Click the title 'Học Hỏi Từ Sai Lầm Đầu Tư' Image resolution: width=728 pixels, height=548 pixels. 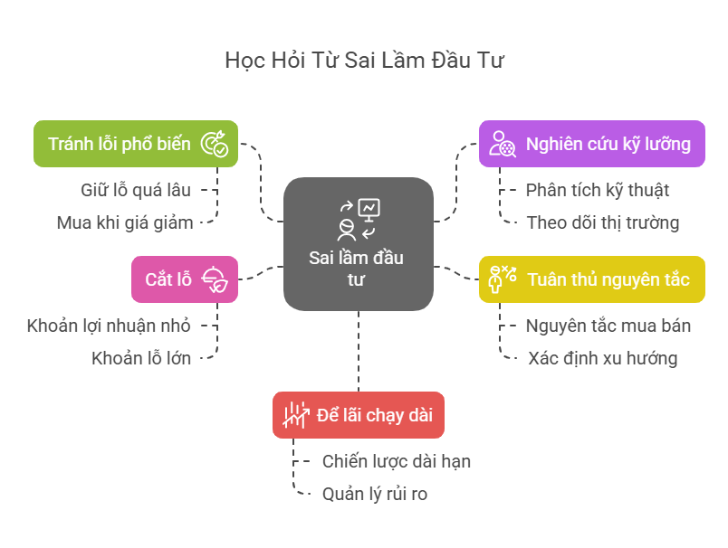point(364,61)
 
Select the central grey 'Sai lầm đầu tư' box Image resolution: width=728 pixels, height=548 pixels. point(358,244)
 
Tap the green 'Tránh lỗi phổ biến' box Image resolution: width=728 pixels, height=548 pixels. point(136,144)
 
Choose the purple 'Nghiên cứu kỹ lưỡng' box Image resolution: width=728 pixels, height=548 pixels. point(591,144)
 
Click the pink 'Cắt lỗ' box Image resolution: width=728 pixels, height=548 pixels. point(185,279)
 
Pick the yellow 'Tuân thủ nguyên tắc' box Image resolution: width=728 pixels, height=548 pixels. point(591,279)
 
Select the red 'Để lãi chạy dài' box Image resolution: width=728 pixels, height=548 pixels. point(359,415)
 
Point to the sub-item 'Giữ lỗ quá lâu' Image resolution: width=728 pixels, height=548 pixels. point(138,190)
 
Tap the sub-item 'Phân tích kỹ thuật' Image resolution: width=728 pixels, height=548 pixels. point(598,190)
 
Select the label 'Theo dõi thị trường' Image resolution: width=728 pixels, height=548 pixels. point(603,222)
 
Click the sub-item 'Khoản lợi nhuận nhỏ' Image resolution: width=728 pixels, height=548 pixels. point(109,326)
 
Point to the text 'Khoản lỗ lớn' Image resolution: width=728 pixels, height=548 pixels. point(141,358)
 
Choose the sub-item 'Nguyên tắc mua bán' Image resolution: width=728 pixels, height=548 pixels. point(608,326)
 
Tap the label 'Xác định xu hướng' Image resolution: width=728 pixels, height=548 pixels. point(603,358)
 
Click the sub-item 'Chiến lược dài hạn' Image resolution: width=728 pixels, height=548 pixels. point(397,461)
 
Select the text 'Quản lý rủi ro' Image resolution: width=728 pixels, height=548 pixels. point(375,494)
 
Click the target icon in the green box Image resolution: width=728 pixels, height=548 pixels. point(214,144)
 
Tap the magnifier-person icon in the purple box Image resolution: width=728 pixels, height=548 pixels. point(503,144)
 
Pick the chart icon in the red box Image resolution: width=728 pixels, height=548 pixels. point(295,415)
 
